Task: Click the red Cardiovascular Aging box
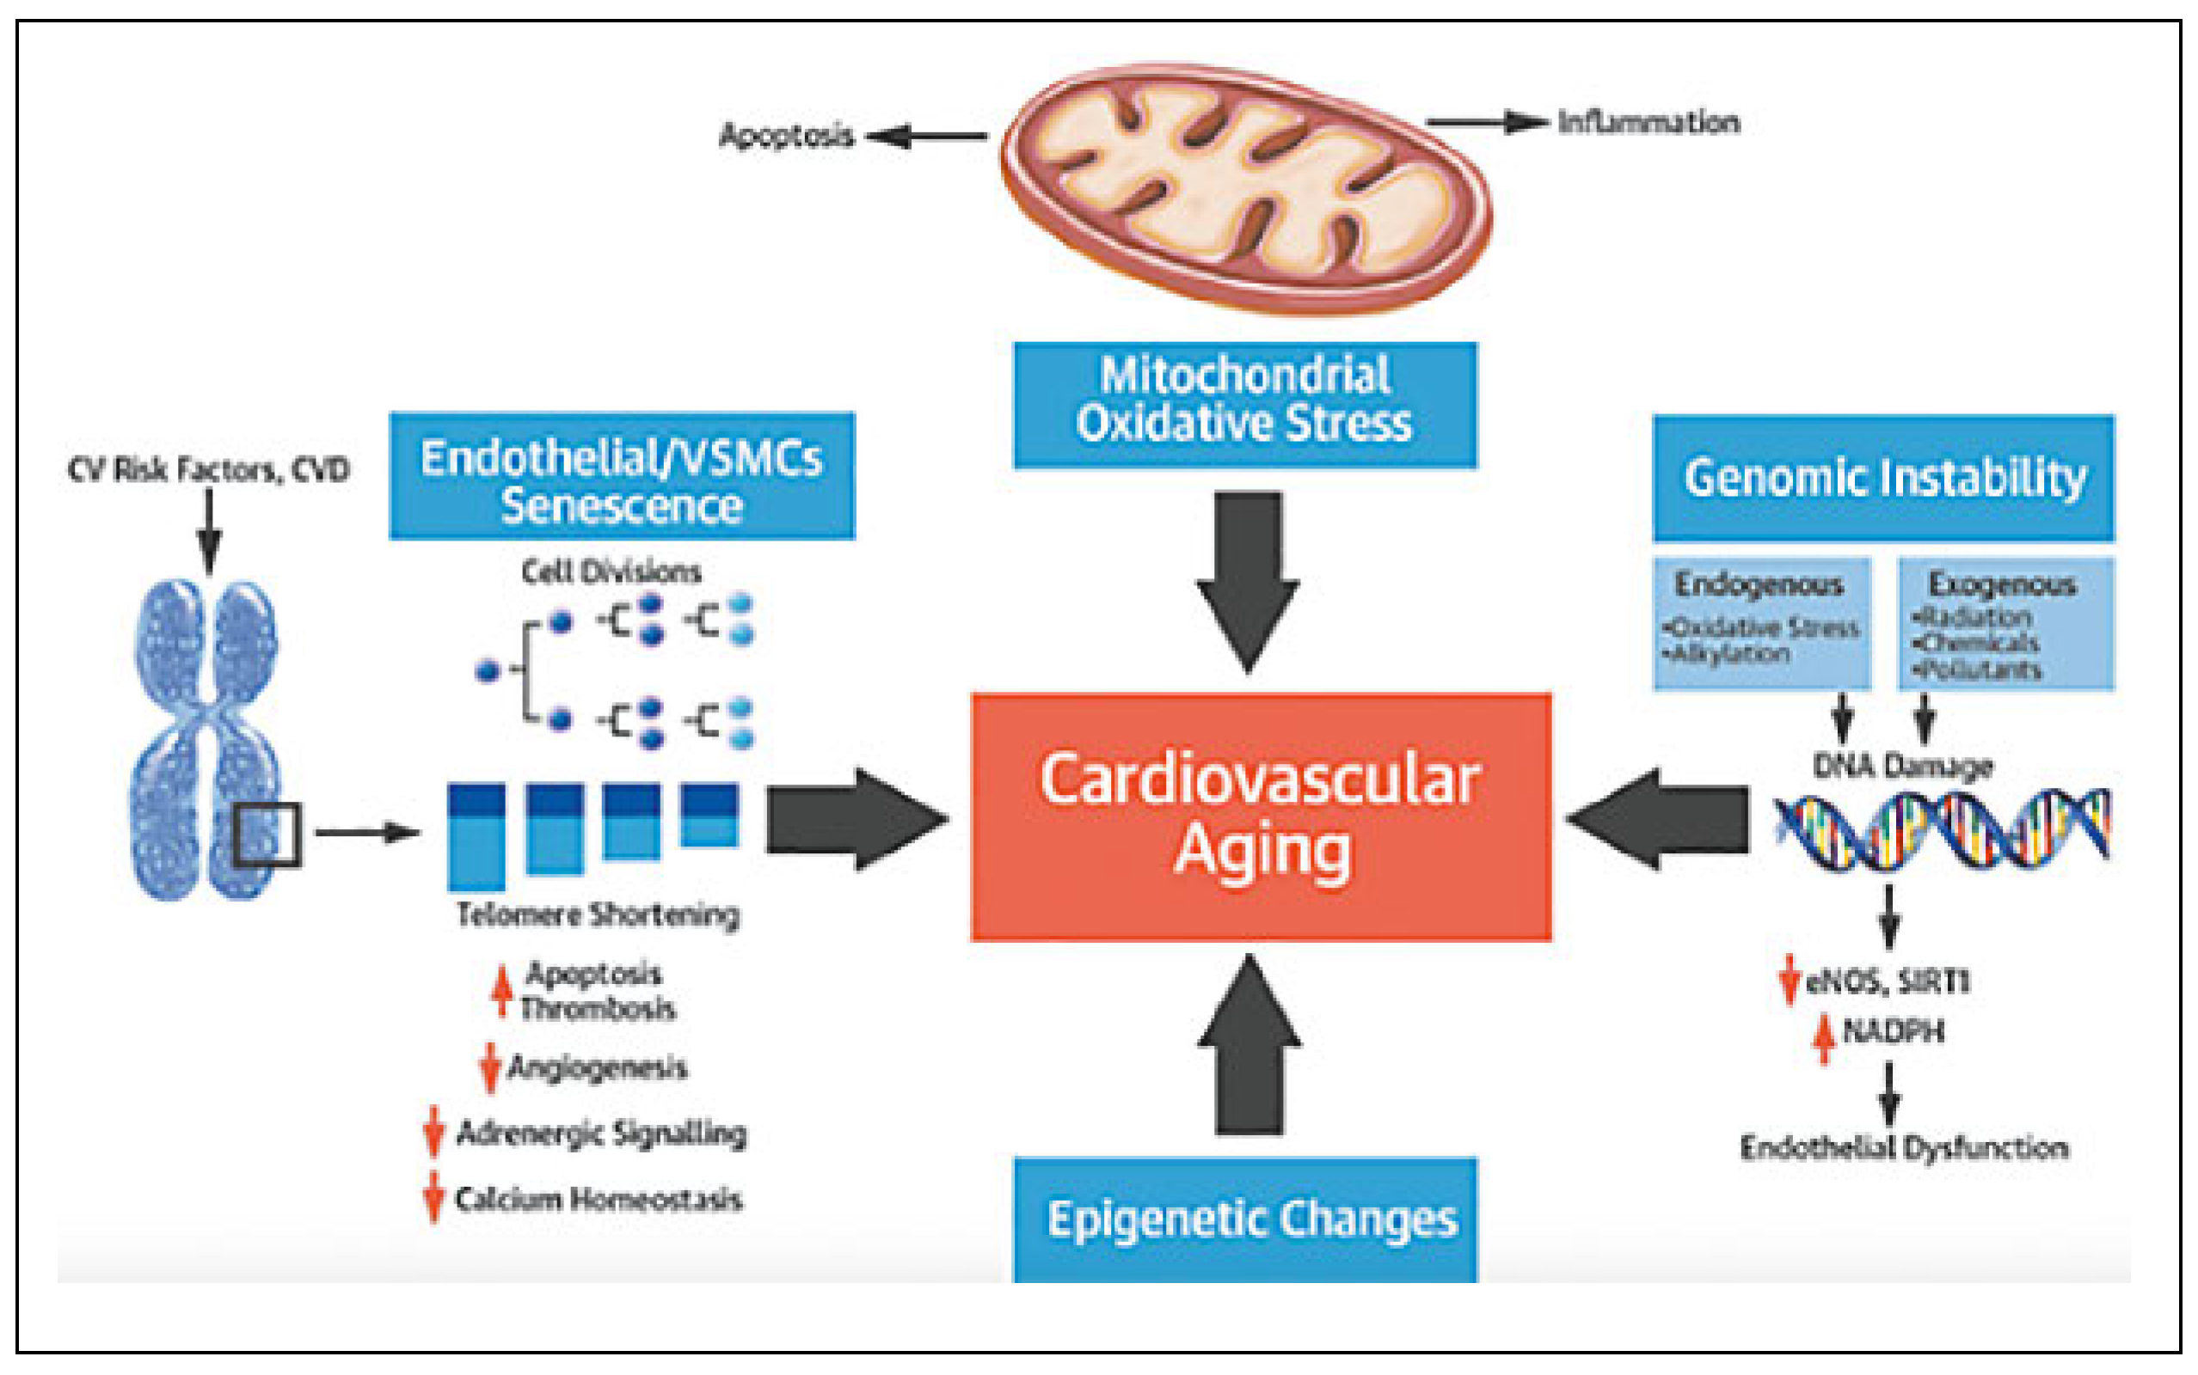coord(1261,816)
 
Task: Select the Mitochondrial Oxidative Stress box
coord(1244,405)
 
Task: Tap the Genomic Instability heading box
coord(1883,478)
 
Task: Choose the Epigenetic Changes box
coord(1244,1219)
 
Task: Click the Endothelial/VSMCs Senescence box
coord(622,475)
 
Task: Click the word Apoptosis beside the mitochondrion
coord(786,137)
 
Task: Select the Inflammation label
coord(1648,123)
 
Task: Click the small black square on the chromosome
coord(267,834)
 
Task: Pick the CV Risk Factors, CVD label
coord(208,470)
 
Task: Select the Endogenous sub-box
coord(1761,623)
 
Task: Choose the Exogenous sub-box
coord(2005,623)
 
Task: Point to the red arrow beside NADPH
coord(1823,1038)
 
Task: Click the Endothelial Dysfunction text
coord(1903,1147)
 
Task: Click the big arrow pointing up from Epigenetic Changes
coord(1249,1046)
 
